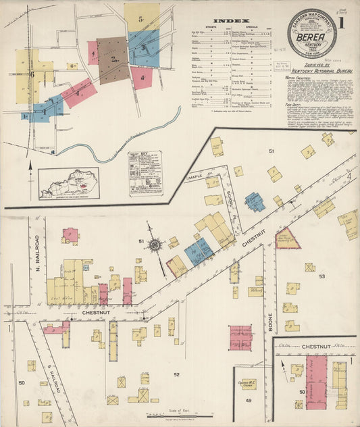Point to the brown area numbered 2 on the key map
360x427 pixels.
[x=112, y=59]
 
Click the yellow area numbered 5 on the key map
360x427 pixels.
[x=142, y=18]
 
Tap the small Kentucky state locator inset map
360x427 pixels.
[x=69, y=184]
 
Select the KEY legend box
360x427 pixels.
[x=145, y=174]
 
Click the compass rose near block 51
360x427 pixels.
[x=155, y=245]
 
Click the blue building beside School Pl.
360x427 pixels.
[x=254, y=201]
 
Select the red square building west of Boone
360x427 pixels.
[x=240, y=337]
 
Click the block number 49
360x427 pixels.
[x=249, y=400]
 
